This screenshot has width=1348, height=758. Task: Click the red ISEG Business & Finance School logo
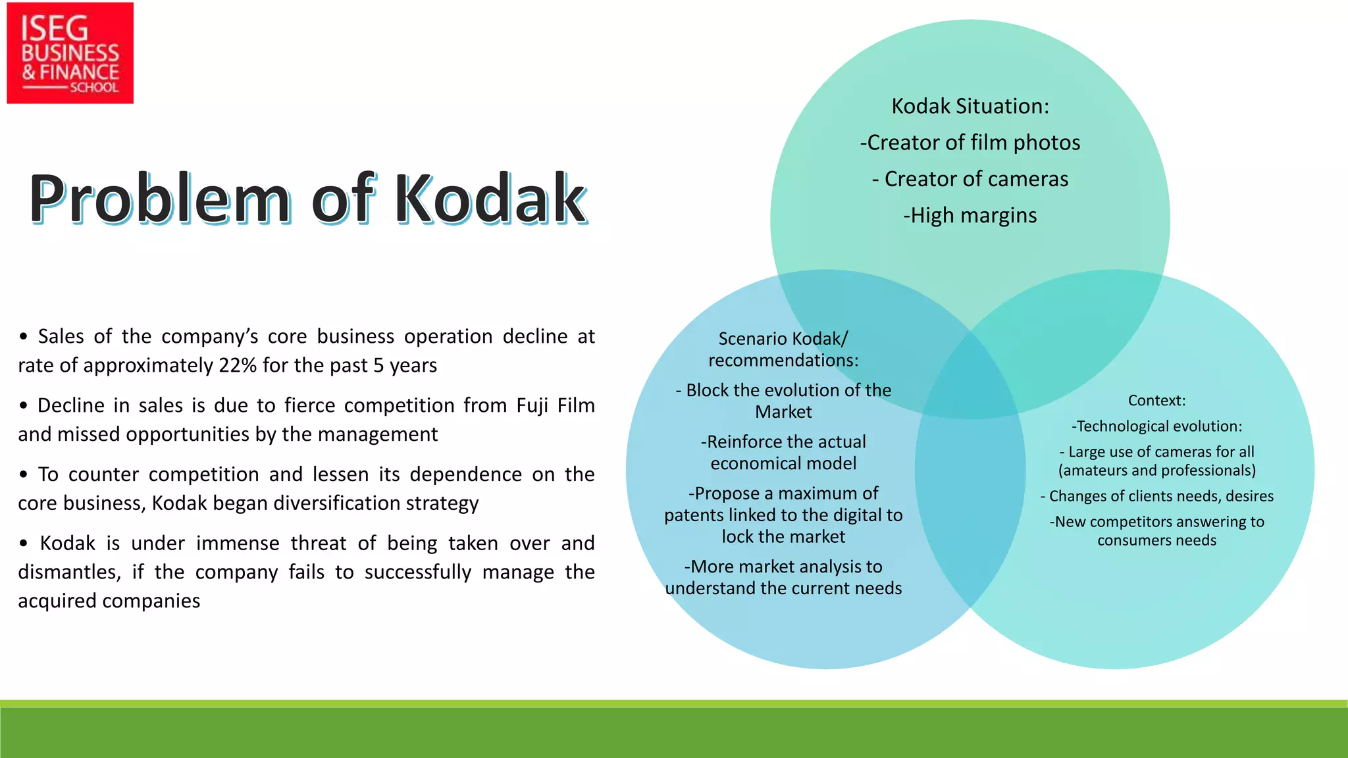[x=70, y=53]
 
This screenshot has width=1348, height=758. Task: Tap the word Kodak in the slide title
[x=490, y=199]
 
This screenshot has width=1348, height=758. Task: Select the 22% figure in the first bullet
[x=238, y=365]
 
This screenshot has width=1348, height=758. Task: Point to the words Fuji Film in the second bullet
[x=556, y=405]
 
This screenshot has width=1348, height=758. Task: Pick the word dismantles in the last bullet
[x=69, y=572]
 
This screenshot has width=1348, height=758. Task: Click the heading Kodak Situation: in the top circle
[x=970, y=106]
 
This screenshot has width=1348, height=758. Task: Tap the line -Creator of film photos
[x=970, y=143]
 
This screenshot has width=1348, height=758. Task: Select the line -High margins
[x=970, y=216]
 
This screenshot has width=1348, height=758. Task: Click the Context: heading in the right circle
[x=1156, y=401]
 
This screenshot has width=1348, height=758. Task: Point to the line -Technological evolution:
[x=1156, y=426]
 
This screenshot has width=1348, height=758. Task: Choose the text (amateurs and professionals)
[x=1156, y=470]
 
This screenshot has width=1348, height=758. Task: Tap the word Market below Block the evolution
[x=783, y=412]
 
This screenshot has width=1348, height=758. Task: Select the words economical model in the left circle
[x=783, y=464]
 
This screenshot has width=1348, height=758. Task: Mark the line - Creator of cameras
[x=970, y=179]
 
